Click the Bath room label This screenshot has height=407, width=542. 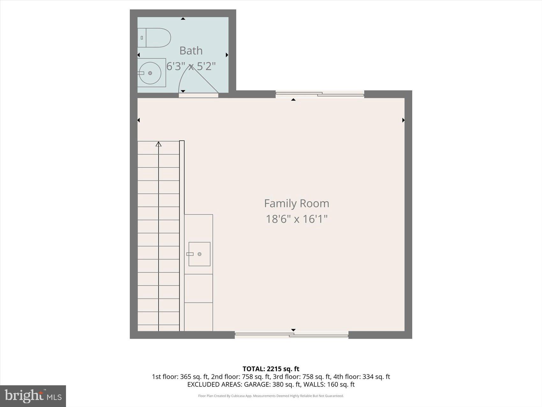click(x=191, y=50)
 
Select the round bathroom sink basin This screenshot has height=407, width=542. click(x=150, y=73)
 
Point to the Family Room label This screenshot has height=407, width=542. click(x=297, y=203)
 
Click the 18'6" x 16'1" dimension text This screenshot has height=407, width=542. click(x=297, y=219)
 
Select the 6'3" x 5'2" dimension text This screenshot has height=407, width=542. click(x=191, y=66)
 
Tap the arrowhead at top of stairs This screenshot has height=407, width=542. click(x=158, y=144)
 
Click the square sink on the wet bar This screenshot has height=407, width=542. click(x=199, y=254)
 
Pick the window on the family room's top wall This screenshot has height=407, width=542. click(x=319, y=94)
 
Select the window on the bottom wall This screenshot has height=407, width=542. click(x=291, y=335)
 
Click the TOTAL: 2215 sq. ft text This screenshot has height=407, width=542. click(x=271, y=369)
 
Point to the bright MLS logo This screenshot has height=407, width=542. click(x=33, y=396)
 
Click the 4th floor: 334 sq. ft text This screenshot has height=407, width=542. click(x=362, y=377)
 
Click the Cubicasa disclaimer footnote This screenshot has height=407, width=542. click(x=271, y=396)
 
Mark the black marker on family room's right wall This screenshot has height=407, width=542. click(x=403, y=120)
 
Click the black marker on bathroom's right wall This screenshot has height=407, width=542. click(x=227, y=55)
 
